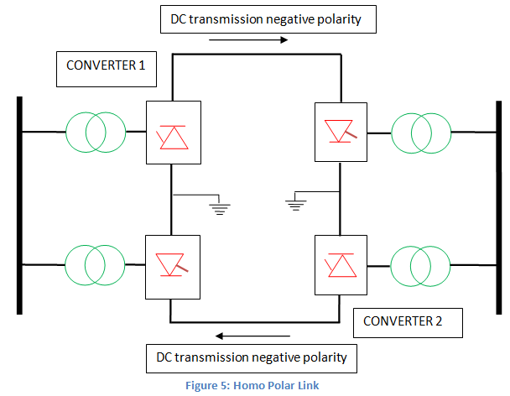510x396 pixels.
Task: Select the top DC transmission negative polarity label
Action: [266, 19]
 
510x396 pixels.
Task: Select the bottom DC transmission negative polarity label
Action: [252, 358]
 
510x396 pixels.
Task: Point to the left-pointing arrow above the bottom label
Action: [242, 335]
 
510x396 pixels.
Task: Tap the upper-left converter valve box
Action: [174, 132]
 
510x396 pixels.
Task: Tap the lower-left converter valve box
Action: [174, 266]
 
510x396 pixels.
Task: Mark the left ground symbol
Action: [220, 207]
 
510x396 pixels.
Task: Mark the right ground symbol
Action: [293, 204]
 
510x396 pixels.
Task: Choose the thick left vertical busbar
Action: [18, 206]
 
